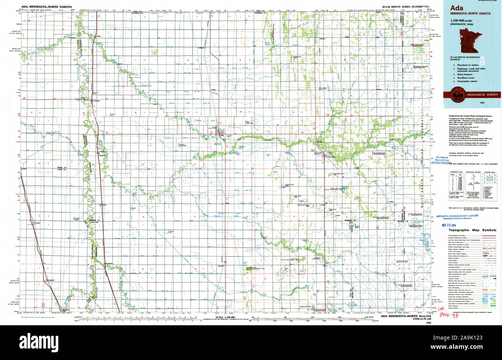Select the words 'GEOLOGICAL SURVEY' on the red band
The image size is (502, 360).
[x=483, y=95]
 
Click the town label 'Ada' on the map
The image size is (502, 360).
[x=222, y=135]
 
